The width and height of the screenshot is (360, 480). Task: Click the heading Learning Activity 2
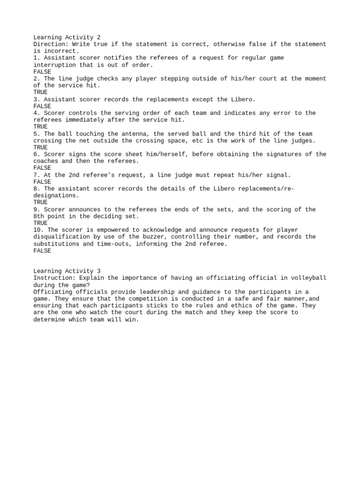tap(67, 37)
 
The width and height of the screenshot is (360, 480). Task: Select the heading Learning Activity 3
tap(67, 271)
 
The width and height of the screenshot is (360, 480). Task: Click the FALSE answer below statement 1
tap(42, 72)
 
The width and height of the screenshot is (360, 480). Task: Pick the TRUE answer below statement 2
tap(40, 92)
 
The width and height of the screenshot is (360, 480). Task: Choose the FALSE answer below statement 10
tap(42, 251)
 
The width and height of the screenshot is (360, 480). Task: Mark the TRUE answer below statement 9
tap(40, 223)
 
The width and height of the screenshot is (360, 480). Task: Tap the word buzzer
tap(150, 237)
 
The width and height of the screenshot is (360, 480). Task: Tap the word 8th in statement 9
tap(39, 216)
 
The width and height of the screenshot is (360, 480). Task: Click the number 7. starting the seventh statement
tap(37, 175)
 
